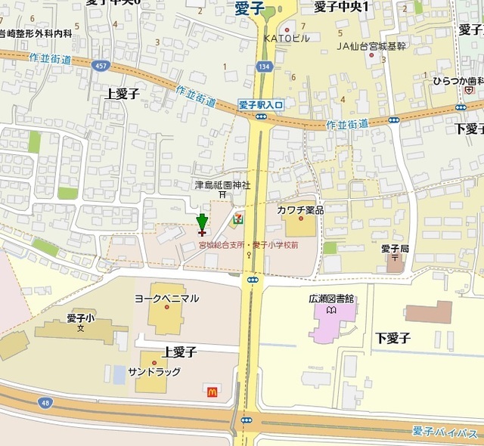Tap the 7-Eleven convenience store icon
coord(238,218)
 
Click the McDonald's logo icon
coord(212,390)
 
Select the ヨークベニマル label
coord(166,299)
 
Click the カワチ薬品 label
coord(300,209)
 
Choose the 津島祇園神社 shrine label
coord(222,184)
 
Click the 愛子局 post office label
coord(395,249)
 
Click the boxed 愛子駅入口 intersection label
coord(261,105)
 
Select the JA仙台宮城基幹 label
coord(371,46)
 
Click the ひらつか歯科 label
coord(458,81)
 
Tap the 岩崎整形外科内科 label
coord(36,34)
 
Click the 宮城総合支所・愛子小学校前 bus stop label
coord(248,245)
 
